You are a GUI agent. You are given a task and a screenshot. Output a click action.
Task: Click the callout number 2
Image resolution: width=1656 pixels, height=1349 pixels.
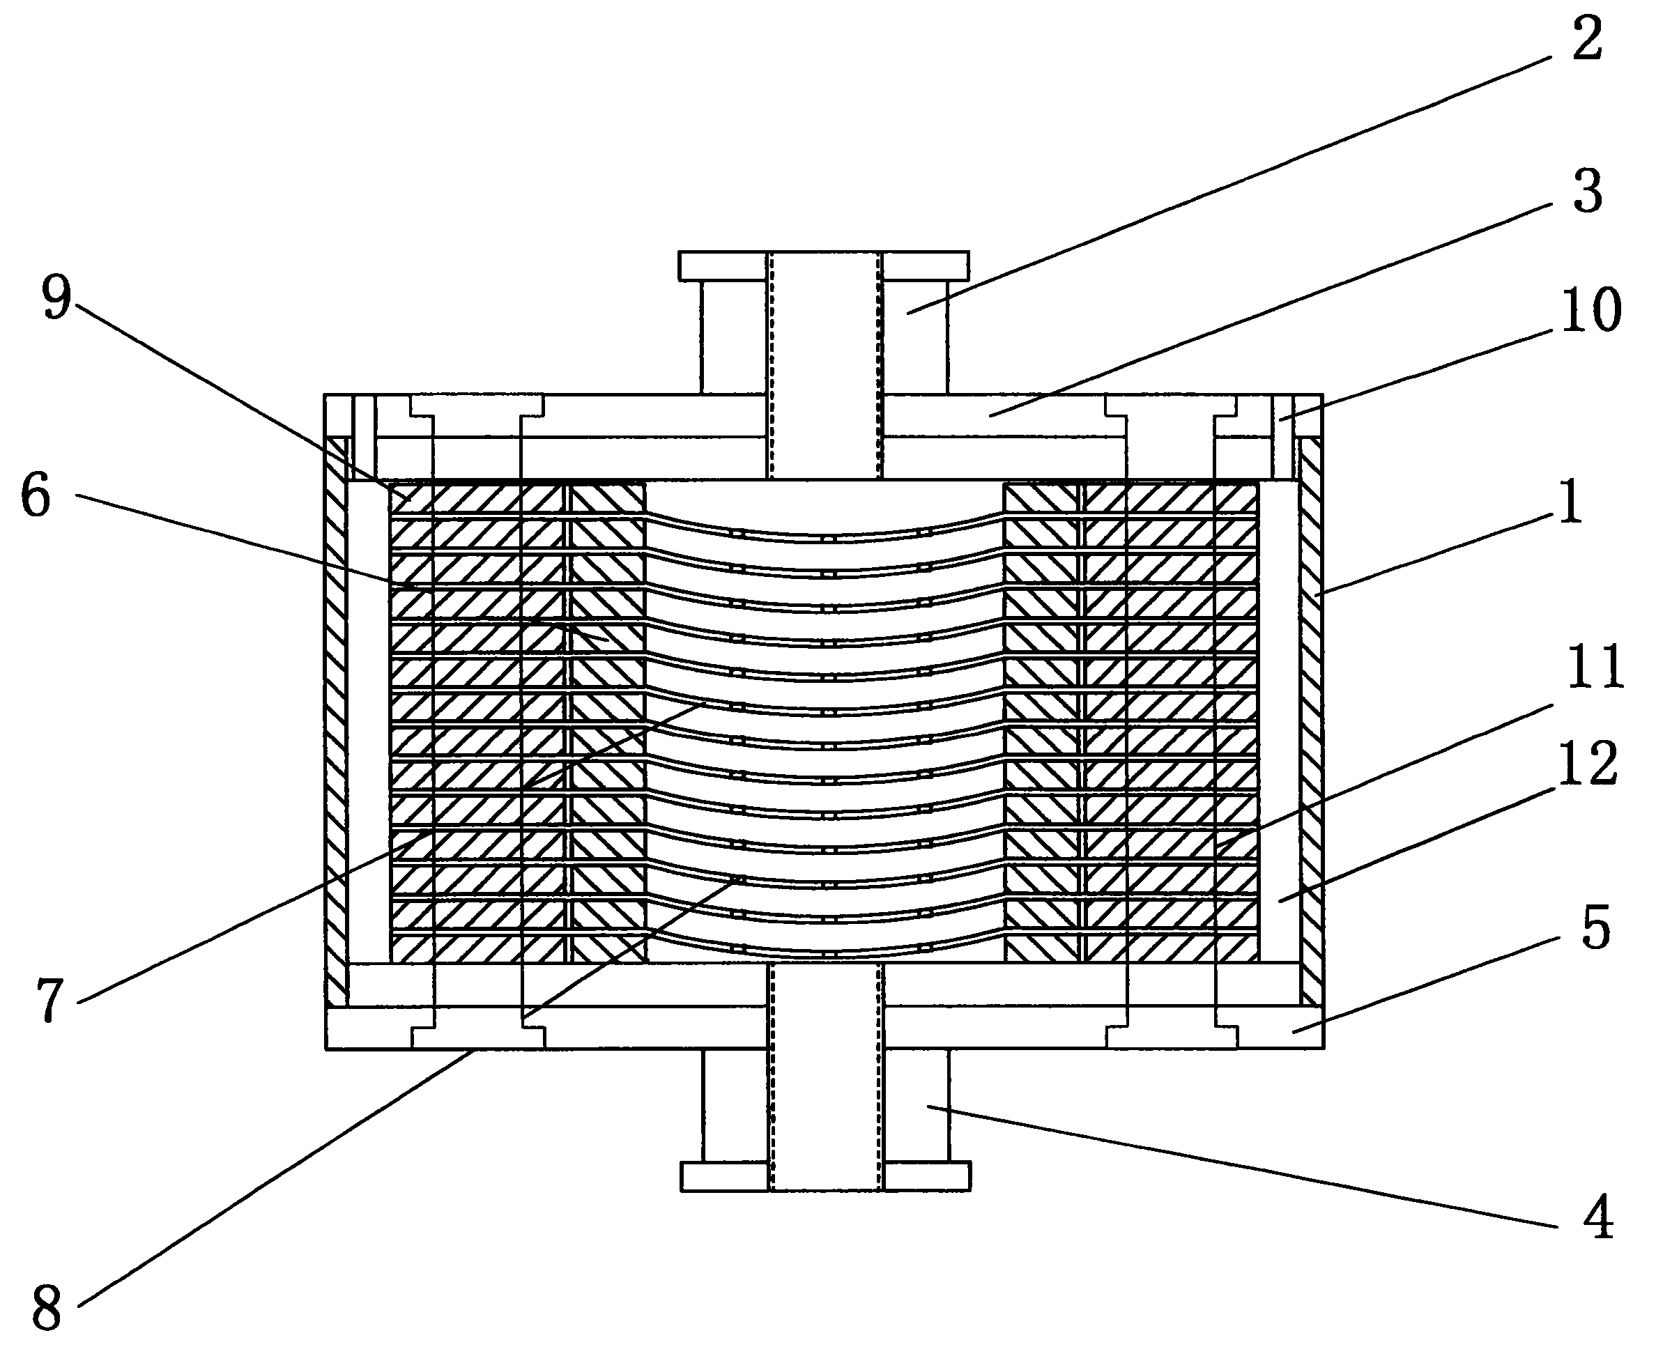(x=1587, y=39)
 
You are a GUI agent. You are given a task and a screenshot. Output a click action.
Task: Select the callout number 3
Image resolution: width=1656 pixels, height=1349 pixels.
(x=1588, y=191)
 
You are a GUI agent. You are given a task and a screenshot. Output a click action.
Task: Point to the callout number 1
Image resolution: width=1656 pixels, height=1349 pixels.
(x=1570, y=503)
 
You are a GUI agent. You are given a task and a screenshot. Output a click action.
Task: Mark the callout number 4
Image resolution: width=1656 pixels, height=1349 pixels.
(x=1597, y=1218)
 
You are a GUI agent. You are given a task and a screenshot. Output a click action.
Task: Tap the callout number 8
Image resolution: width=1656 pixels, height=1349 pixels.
(x=47, y=1309)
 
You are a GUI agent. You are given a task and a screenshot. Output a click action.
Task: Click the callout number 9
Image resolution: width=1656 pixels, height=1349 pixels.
(x=56, y=298)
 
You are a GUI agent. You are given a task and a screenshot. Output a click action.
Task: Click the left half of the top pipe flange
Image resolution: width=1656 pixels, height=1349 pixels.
(x=723, y=265)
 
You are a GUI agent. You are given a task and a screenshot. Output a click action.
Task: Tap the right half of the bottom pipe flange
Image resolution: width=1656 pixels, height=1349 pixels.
(x=927, y=1175)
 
